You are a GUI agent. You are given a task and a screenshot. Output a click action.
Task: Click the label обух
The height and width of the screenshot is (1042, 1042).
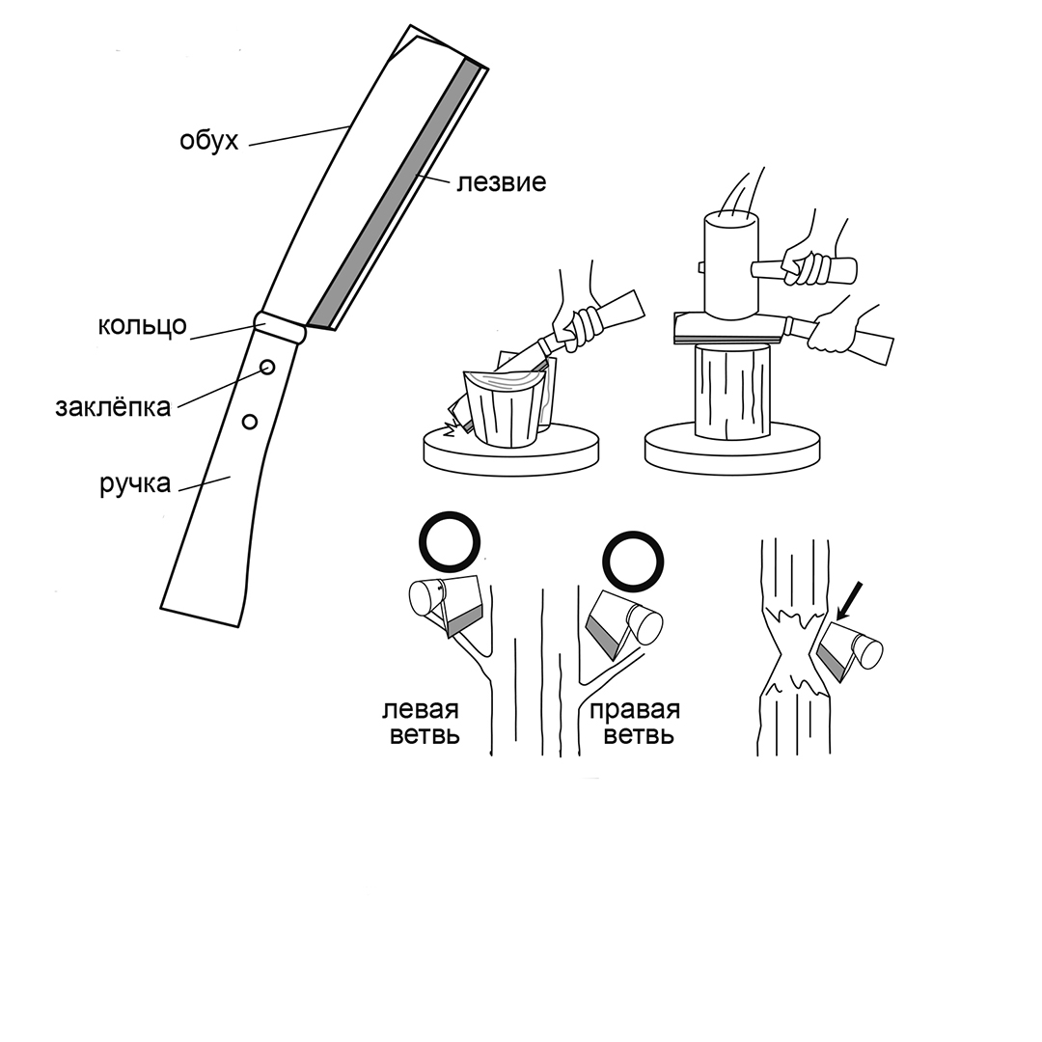208,141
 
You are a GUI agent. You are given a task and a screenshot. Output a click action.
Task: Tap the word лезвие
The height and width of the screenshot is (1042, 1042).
501,182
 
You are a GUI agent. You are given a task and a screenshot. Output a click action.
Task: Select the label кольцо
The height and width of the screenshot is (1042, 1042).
142,326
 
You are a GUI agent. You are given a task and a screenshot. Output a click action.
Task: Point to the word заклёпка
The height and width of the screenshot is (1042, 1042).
112,406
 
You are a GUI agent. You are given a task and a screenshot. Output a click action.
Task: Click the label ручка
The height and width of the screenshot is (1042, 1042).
136,483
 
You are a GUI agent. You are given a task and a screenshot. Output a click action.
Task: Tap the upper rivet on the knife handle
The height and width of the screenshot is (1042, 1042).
267,367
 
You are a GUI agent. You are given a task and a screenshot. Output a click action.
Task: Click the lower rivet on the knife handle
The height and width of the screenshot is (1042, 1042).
250,422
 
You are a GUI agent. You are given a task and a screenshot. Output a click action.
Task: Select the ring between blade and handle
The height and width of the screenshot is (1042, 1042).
280,326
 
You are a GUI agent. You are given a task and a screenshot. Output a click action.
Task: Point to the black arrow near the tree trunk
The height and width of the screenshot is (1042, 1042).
849,601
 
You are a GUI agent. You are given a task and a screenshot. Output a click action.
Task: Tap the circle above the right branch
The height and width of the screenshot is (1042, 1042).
633,561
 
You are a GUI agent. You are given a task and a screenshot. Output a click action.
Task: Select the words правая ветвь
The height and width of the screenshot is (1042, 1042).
635,723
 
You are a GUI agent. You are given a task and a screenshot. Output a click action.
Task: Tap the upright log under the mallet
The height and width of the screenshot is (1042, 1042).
733,392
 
